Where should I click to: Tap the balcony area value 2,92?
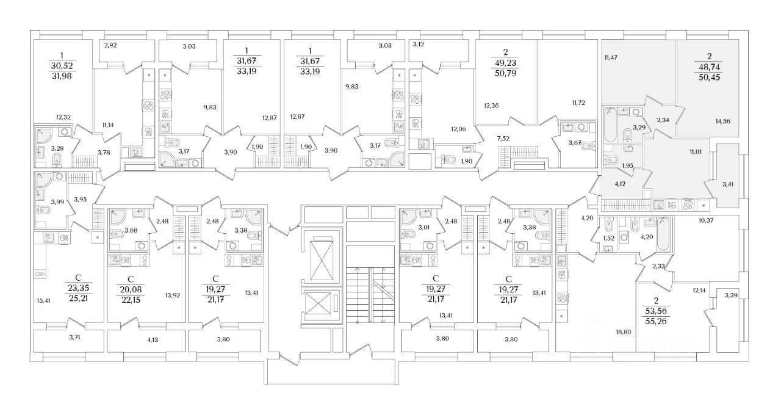[110, 45]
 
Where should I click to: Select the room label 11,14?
[109, 125]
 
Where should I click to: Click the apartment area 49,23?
[505, 62]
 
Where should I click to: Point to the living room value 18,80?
[622, 331]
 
